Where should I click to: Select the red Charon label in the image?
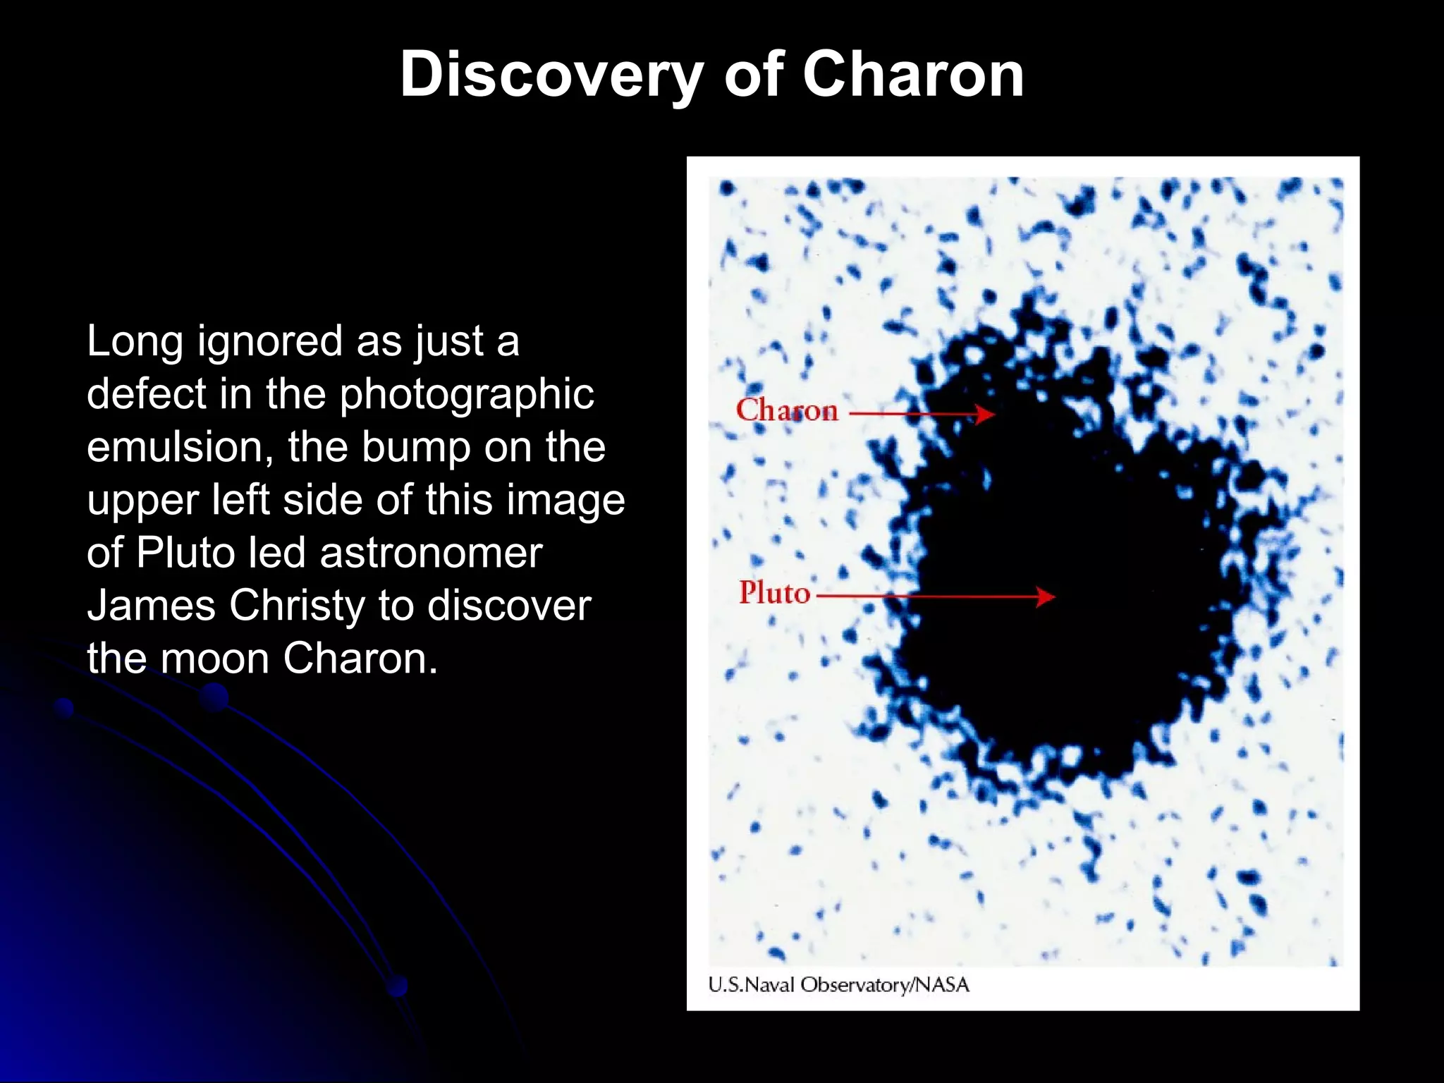pos(787,410)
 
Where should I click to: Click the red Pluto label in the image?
pos(774,592)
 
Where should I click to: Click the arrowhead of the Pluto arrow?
pos(1046,596)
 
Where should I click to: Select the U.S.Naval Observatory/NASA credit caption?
pos(838,984)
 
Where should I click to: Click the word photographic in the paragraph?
pos(467,395)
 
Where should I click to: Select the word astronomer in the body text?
pos(431,552)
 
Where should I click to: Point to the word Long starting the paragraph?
pos(135,342)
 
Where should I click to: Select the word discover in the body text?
pos(509,605)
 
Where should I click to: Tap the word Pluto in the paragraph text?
pos(185,552)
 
